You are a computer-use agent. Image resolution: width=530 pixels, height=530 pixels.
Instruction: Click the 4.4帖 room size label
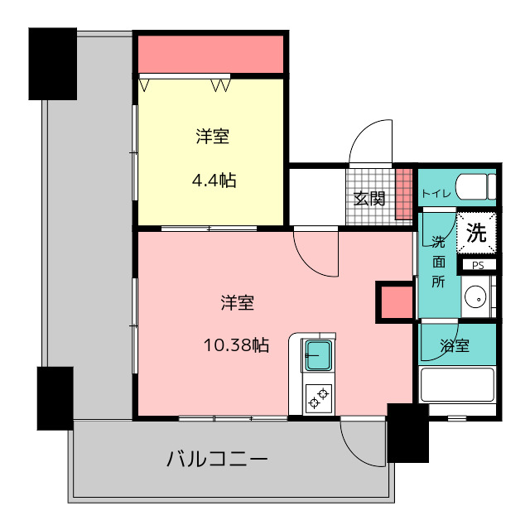coord(214,181)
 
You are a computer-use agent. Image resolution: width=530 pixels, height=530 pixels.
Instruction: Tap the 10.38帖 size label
coord(236,345)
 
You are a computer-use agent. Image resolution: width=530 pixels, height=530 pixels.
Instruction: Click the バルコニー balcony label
coord(217,459)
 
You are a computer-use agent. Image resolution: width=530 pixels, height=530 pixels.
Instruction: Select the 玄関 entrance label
coord(369,199)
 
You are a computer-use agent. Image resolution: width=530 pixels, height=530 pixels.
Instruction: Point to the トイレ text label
coord(436,194)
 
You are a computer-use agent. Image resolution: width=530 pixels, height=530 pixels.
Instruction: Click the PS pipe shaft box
coord(478,265)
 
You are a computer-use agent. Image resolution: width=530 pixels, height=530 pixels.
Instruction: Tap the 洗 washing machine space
coord(477,233)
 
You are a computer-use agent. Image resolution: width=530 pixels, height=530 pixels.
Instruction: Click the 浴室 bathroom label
coord(455,345)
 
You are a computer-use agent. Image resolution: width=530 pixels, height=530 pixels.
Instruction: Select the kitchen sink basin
coord(318,355)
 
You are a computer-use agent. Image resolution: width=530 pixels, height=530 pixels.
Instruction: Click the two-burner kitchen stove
coord(318,398)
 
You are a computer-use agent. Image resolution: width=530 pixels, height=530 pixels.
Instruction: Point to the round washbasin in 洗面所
coord(475,297)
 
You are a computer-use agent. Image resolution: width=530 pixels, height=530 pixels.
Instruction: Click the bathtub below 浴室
coord(456,384)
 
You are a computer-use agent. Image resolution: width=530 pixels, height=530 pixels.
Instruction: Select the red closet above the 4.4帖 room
coord(211,54)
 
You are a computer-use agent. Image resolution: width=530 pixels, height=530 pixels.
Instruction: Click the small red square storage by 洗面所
coord(397,302)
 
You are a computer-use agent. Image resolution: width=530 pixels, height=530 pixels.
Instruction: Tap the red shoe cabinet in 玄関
coord(404,194)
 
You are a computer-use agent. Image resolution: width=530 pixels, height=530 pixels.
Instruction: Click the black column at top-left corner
coord(53,64)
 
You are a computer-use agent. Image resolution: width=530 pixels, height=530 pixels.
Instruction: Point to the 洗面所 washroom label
coord(438,263)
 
